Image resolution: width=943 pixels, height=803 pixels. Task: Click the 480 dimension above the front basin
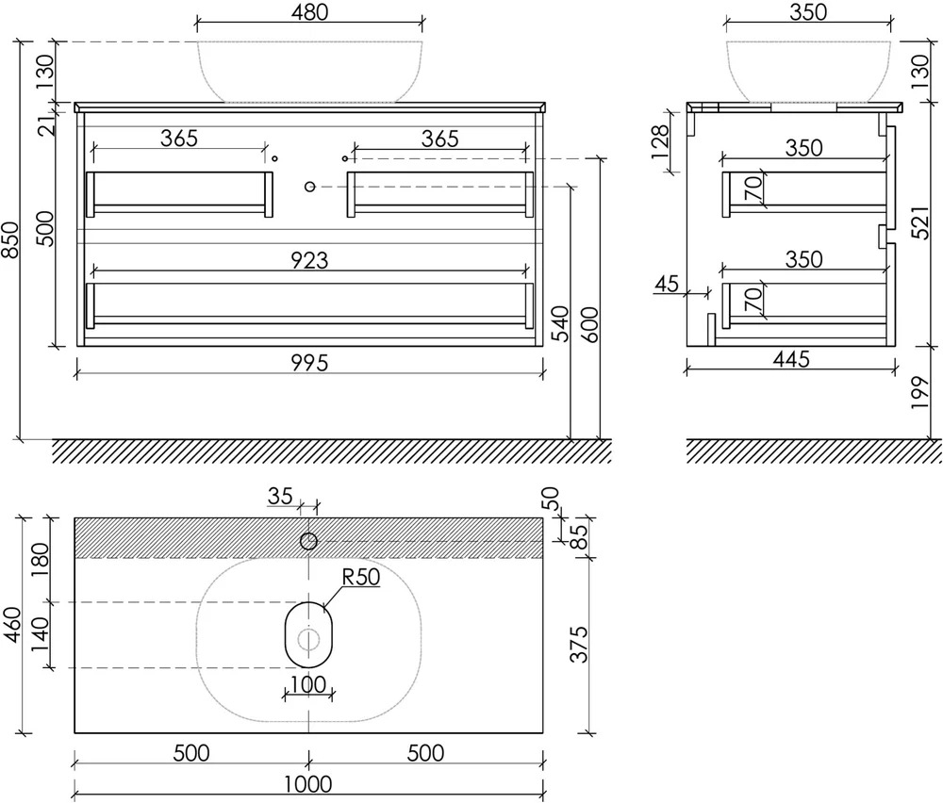point(309,12)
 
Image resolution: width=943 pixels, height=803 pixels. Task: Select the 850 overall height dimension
point(11,240)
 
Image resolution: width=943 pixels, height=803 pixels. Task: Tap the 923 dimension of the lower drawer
point(309,260)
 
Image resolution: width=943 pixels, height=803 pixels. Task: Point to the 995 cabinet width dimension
point(309,363)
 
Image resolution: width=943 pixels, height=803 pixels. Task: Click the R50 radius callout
point(361,577)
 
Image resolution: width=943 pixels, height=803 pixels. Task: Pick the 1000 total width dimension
point(308,784)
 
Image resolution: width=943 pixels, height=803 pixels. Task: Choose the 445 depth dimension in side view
point(791,359)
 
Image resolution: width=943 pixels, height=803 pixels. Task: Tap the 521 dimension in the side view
point(920,221)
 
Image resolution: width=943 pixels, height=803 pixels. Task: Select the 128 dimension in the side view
point(660,142)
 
